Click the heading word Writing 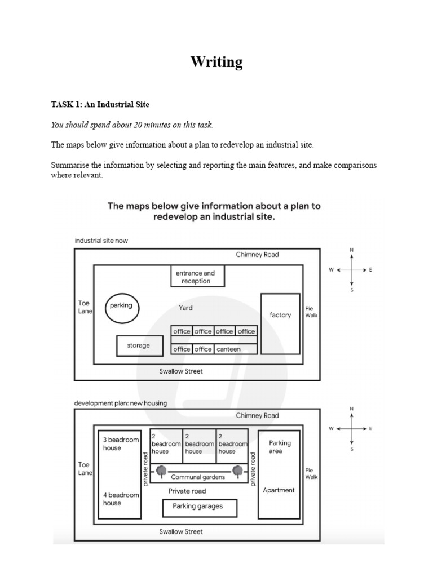click(x=216, y=62)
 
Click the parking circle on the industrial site click(x=122, y=307)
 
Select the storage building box click(x=139, y=346)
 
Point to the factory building click(x=280, y=323)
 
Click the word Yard click(x=185, y=308)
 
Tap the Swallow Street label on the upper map click(x=181, y=371)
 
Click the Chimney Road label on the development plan click(x=257, y=416)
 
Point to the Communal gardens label click(x=198, y=477)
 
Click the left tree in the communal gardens click(x=161, y=469)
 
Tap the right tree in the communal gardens click(x=237, y=469)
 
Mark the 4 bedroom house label click(x=121, y=499)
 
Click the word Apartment click(x=279, y=490)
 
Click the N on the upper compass click(x=352, y=250)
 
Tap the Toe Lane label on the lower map click(x=84, y=469)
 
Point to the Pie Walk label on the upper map click(x=311, y=312)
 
